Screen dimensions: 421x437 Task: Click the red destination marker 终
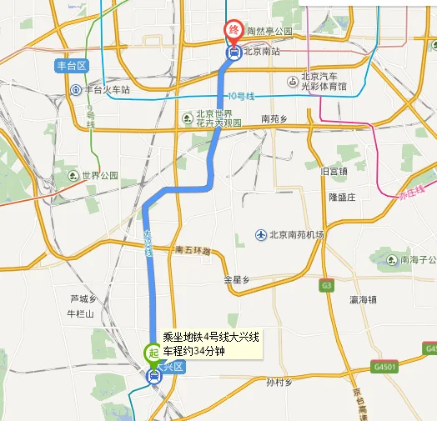click(234, 31)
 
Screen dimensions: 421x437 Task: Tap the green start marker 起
click(153, 353)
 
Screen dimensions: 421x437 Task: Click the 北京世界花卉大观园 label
click(218, 118)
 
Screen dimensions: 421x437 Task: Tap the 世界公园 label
click(100, 176)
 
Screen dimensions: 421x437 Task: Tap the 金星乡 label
click(237, 279)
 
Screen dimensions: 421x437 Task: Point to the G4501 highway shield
click(385, 366)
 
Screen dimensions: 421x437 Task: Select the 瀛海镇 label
click(364, 298)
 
